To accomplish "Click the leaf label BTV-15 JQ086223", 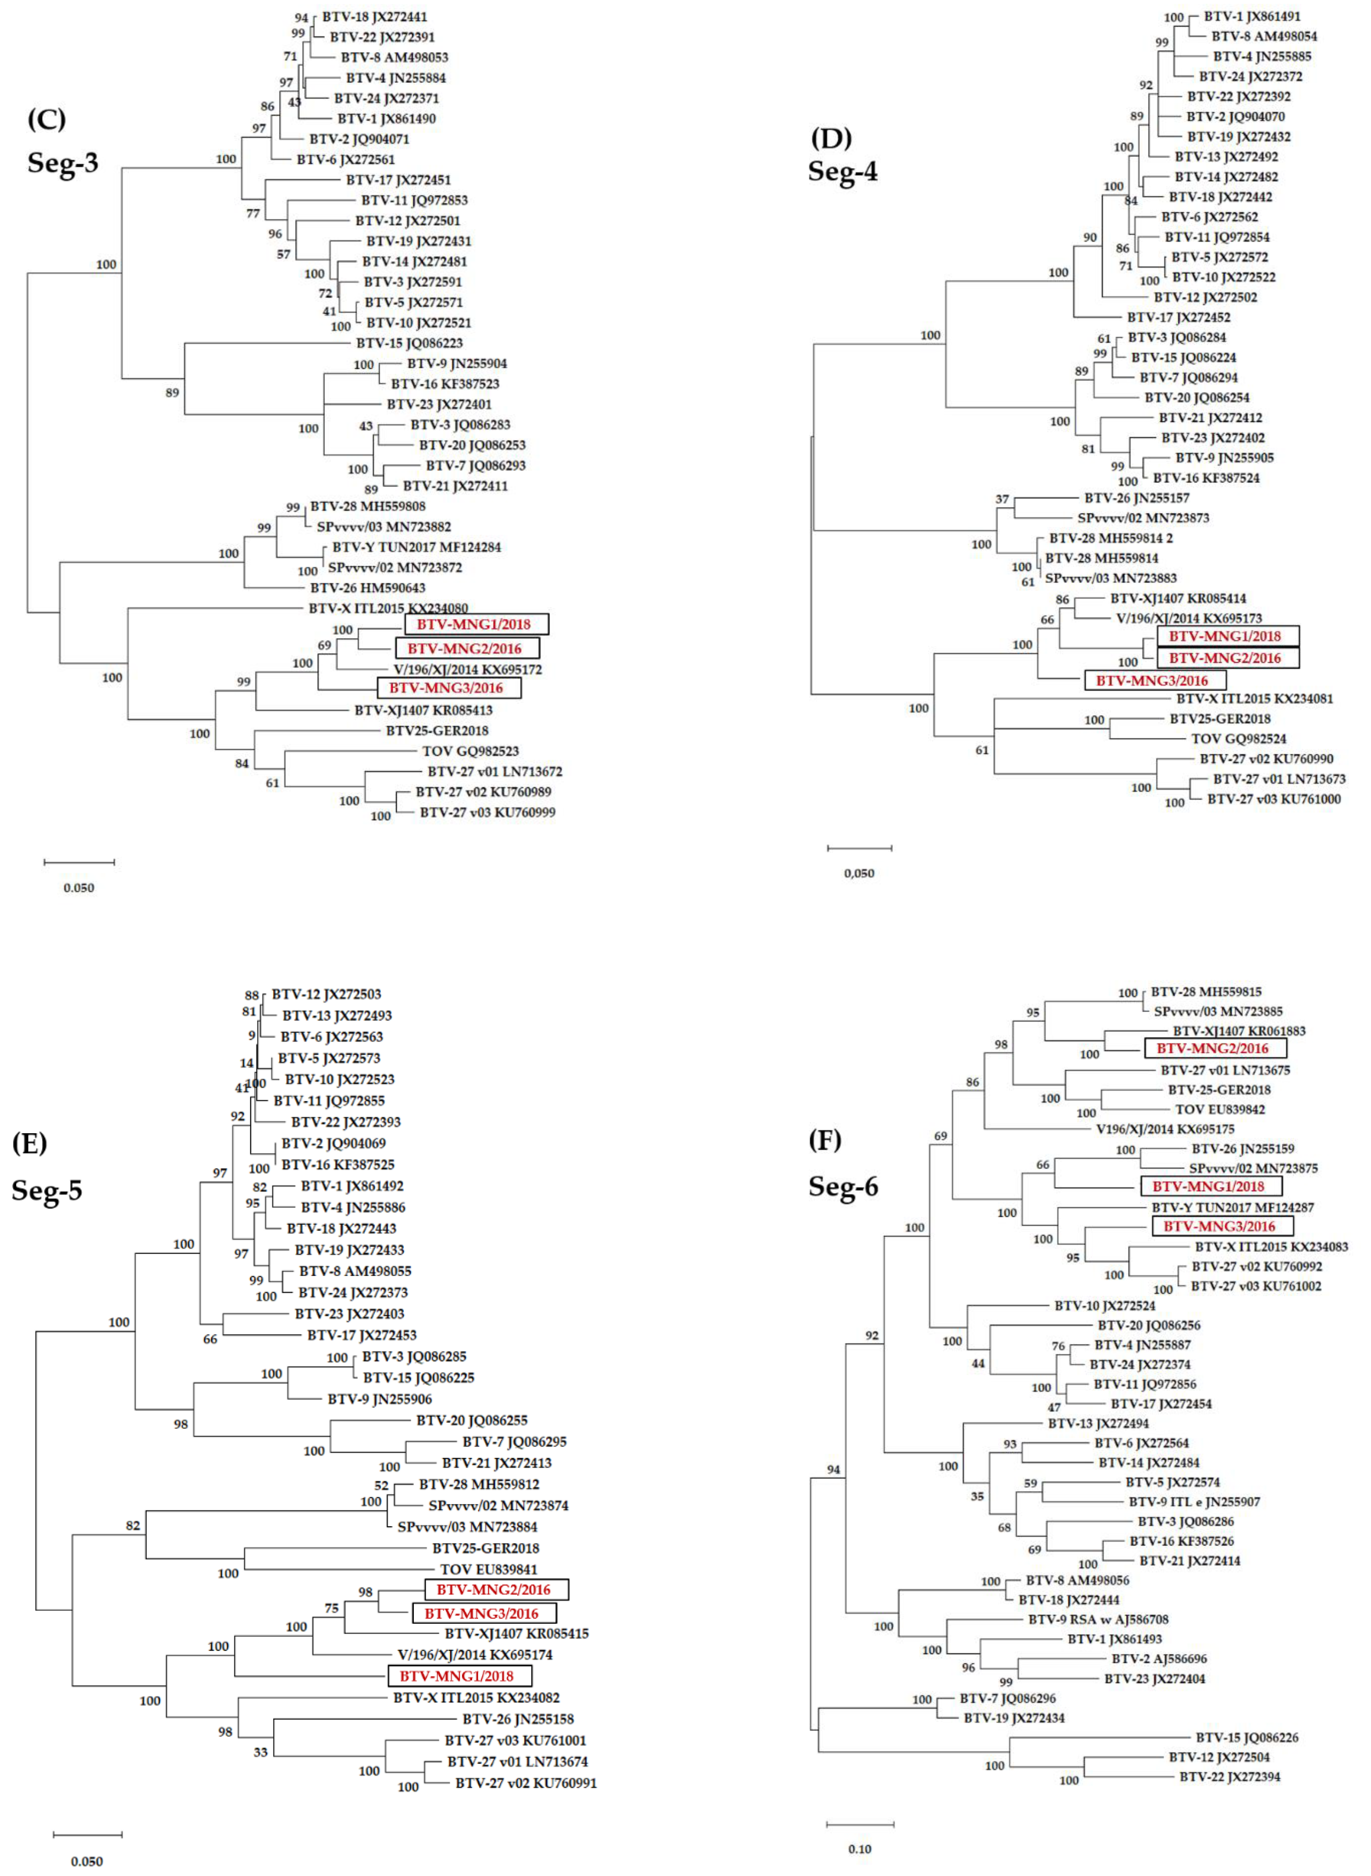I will pos(409,343).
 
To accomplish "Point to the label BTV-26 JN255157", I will pos(1136,498).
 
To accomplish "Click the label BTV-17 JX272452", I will pos(1178,317).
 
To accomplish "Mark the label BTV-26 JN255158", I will pos(518,1719).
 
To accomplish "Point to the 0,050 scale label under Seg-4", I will pos(859,873).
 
